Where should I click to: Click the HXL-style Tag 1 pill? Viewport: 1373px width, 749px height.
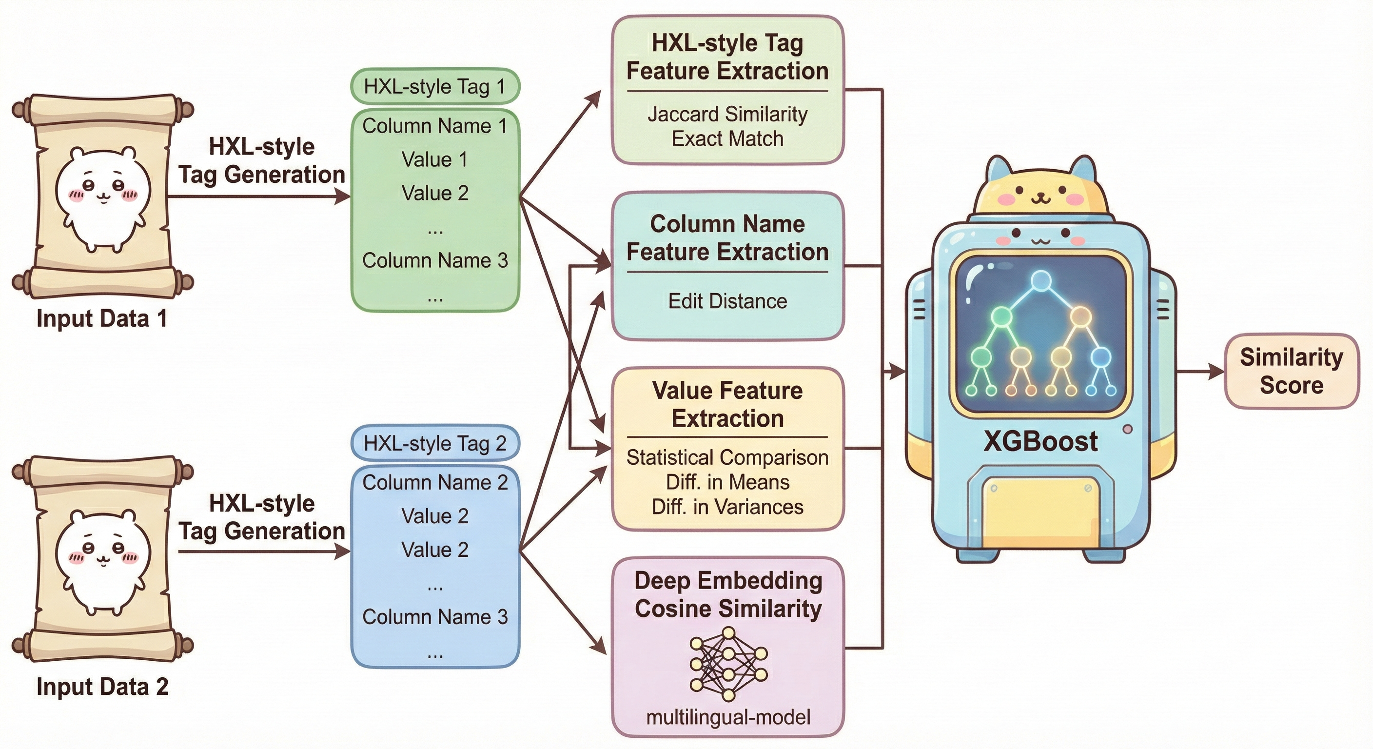coord(434,86)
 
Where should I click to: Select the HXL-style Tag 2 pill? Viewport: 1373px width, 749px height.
coord(434,443)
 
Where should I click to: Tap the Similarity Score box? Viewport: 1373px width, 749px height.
coord(1291,371)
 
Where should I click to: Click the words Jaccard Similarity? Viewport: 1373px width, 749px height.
coord(727,114)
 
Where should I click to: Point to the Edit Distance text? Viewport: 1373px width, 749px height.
coord(727,301)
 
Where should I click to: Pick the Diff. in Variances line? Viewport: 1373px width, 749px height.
coord(727,507)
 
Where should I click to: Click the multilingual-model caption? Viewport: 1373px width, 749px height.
coord(728,717)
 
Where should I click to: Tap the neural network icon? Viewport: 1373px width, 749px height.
coord(728,664)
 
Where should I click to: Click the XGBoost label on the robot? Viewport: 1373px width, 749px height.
coord(1040,441)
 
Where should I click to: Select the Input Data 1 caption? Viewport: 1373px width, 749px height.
coord(102,319)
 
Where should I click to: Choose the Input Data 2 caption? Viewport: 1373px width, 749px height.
coord(102,687)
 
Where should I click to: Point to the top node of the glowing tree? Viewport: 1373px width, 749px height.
coord(1040,280)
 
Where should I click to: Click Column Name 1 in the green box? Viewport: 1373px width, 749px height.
coord(434,126)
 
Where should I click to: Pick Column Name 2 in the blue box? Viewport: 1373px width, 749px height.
coord(434,482)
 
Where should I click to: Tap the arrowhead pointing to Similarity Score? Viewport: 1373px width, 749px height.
coord(1217,372)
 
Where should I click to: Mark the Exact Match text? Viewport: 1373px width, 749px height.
coord(727,138)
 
